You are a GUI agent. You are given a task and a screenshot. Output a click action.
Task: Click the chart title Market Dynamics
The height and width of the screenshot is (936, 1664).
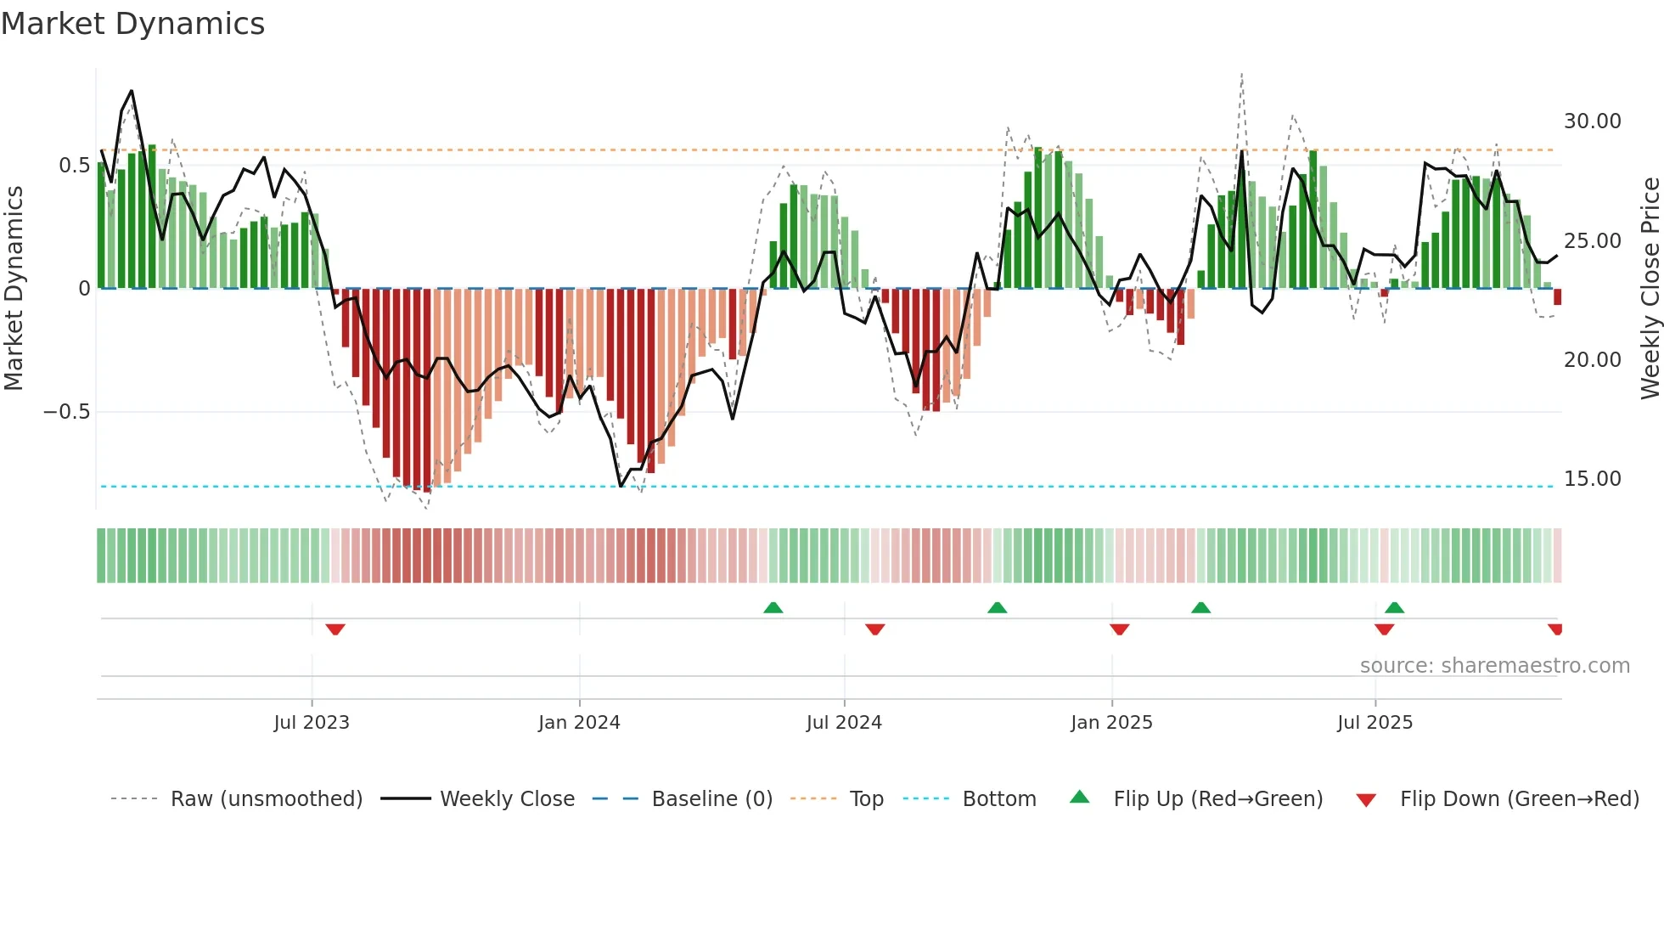coord(132,24)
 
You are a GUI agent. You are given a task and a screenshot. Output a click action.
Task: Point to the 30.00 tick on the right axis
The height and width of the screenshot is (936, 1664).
coord(1592,121)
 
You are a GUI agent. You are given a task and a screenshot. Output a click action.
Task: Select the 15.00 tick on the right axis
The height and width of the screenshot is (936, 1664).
coord(1592,479)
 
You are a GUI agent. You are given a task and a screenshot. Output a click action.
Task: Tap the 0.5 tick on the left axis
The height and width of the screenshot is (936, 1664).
coord(74,166)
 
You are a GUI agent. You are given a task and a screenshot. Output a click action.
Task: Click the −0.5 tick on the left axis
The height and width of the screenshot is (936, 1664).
coord(66,412)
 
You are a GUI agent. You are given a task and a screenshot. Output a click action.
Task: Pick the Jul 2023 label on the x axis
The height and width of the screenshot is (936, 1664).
coord(312,723)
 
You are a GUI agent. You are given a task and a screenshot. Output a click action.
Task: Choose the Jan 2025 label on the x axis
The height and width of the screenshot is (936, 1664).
coord(1111,723)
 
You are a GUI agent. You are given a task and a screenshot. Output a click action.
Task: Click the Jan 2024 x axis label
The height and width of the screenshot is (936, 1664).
coord(579,723)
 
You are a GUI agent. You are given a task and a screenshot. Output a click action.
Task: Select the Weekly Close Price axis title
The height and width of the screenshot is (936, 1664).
coord(1650,289)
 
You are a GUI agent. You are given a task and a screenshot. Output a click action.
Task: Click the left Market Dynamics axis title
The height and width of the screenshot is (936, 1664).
coord(14,289)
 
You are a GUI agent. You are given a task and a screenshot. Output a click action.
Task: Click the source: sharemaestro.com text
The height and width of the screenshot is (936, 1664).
coord(1494,666)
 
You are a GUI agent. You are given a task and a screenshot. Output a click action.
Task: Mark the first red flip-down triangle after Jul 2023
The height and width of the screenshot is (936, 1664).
coord(335,629)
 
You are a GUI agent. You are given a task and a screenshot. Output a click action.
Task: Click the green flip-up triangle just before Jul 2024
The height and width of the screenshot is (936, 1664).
coord(773,607)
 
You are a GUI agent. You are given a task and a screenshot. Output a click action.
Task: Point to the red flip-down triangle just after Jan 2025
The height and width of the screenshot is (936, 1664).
coord(1119,629)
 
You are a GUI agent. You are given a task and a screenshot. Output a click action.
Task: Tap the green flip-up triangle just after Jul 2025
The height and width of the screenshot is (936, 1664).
coord(1394,607)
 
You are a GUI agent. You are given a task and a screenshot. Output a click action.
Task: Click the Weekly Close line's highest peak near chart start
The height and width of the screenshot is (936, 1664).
coord(131,91)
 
